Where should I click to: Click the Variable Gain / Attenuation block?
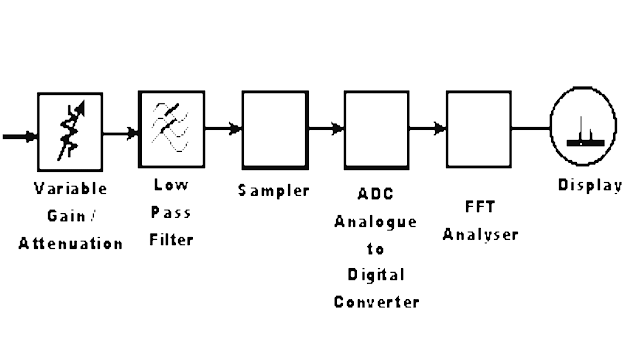[x=71, y=131]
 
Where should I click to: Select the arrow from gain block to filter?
[x=121, y=131]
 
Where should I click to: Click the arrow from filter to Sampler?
[x=223, y=128]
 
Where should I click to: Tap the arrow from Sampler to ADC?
[x=325, y=128]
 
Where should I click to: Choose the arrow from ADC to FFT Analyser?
[x=428, y=128]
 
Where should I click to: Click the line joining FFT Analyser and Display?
[x=530, y=128]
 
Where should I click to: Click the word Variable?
[x=70, y=189]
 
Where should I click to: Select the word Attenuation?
[x=70, y=243]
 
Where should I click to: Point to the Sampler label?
[x=274, y=190]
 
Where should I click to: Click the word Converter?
[x=376, y=301]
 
